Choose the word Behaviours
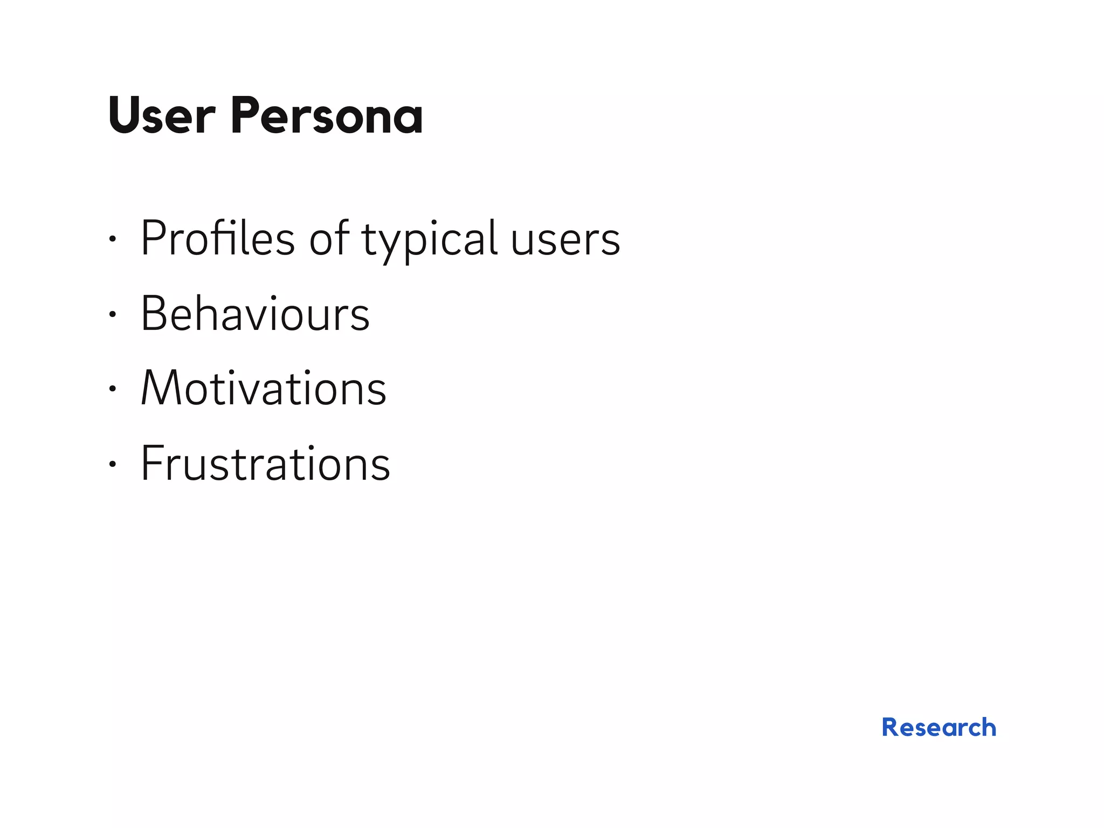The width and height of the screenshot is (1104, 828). pyautogui.click(x=255, y=314)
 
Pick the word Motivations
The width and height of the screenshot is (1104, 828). pyautogui.click(x=264, y=388)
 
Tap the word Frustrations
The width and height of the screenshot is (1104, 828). pyautogui.click(x=265, y=463)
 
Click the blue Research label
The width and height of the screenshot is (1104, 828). pyautogui.click(x=939, y=727)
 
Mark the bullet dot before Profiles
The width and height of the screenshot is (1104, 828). pyautogui.click(x=112, y=239)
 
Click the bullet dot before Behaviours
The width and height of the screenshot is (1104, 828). pyautogui.click(x=112, y=314)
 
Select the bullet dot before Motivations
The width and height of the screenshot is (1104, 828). pyautogui.click(x=112, y=388)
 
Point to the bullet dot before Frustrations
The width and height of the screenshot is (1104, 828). pyautogui.click(x=112, y=463)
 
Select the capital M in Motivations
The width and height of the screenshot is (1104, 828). pyautogui.click(x=160, y=388)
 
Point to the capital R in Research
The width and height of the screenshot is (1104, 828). pyautogui.click(x=892, y=727)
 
